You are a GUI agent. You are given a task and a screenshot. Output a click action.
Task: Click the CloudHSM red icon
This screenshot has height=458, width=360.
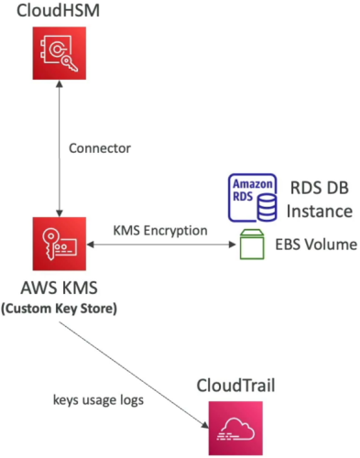(x=60, y=53)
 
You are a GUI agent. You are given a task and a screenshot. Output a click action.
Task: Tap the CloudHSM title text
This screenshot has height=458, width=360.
(x=58, y=10)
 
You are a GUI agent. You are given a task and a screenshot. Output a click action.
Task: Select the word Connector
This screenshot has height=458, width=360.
(x=100, y=148)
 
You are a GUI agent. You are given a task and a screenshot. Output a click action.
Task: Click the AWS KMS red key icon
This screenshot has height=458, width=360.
(x=60, y=244)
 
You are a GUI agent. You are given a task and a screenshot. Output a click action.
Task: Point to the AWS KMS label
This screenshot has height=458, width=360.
(x=60, y=288)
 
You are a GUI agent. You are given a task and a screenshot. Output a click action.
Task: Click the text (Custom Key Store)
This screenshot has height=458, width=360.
(x=60, y=309)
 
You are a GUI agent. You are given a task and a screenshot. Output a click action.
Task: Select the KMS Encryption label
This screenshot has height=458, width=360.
(x=160, y=231)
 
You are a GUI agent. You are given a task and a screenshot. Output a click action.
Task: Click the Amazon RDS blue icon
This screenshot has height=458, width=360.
(x=253, y=198)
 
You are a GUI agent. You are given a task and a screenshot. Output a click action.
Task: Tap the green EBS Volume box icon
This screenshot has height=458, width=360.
(x=252, y=245)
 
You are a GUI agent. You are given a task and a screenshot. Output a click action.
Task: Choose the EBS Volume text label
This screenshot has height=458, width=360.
(x=316, y=245)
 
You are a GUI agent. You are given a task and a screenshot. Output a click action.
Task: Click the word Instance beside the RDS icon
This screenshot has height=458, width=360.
(x=320, y=212)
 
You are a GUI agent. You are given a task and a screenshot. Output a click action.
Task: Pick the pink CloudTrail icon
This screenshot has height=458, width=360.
(x=235, y=428)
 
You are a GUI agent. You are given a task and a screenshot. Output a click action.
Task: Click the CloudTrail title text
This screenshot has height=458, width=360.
(x=235, y=386)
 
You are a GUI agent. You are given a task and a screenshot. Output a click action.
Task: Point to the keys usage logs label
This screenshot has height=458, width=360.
(x=98, y=400)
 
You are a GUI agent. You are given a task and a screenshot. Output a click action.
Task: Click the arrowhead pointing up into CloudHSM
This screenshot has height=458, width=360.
(x=60, y=83)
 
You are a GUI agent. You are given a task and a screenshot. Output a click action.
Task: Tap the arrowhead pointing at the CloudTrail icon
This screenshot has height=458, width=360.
(x=205, y=424)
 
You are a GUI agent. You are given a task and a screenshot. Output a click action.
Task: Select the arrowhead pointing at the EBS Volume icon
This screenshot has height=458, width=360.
(x=233, y=245)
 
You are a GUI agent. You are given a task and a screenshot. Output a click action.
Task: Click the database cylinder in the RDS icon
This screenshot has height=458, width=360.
(x=267, y=208)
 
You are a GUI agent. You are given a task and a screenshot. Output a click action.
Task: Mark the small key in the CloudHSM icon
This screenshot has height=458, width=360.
(x=70, y=63)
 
